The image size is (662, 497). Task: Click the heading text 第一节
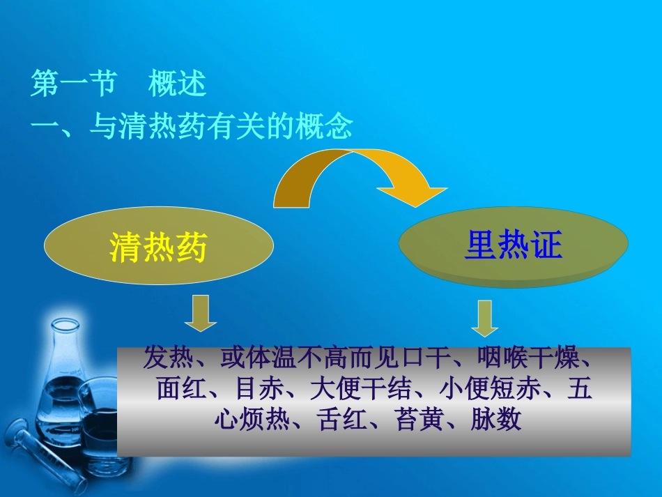[x=73, y=85]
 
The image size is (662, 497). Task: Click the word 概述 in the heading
[x=177, y=85]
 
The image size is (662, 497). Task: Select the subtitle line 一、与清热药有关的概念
[x=192, y=128]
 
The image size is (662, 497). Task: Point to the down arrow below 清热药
[x=200, y=313]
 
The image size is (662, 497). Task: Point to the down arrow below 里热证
[x=484, y=318]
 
